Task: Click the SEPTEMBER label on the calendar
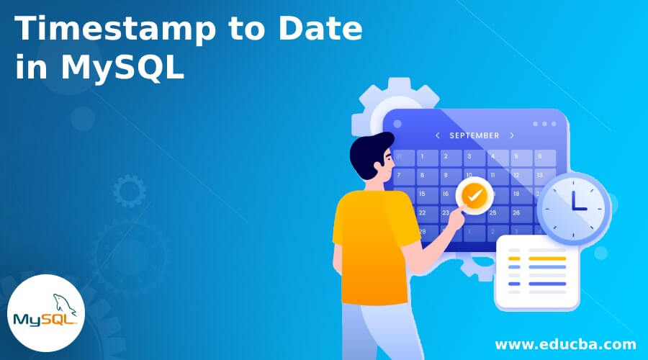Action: pos(474,135)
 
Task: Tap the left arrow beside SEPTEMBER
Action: pos(437,135)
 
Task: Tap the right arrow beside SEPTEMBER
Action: pos(511,135)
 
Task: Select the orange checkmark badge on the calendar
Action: pos(473,194)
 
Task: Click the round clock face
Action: pos(573,205)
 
